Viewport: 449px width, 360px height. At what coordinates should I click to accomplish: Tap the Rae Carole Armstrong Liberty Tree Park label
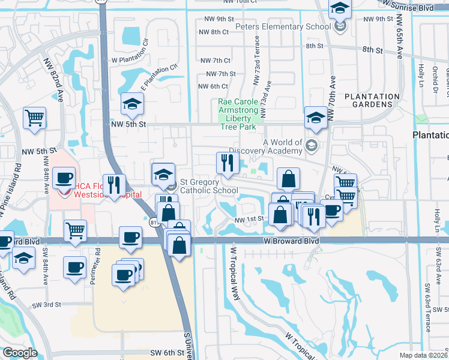point(241,114)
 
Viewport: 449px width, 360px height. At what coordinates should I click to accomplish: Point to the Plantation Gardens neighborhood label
point(372,101)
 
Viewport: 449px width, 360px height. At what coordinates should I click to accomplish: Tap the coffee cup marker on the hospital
point(63,178)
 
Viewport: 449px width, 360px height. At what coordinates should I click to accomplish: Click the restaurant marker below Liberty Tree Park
point(228,163)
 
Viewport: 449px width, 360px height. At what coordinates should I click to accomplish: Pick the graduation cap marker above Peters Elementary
point(340,8)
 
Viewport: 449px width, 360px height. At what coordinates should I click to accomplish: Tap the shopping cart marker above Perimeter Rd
point(75,230)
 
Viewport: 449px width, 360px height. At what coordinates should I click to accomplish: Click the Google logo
point(19,353)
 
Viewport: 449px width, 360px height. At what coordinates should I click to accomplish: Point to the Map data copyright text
point(424,355)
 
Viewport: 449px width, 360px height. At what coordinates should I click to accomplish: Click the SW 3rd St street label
point(47,305)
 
